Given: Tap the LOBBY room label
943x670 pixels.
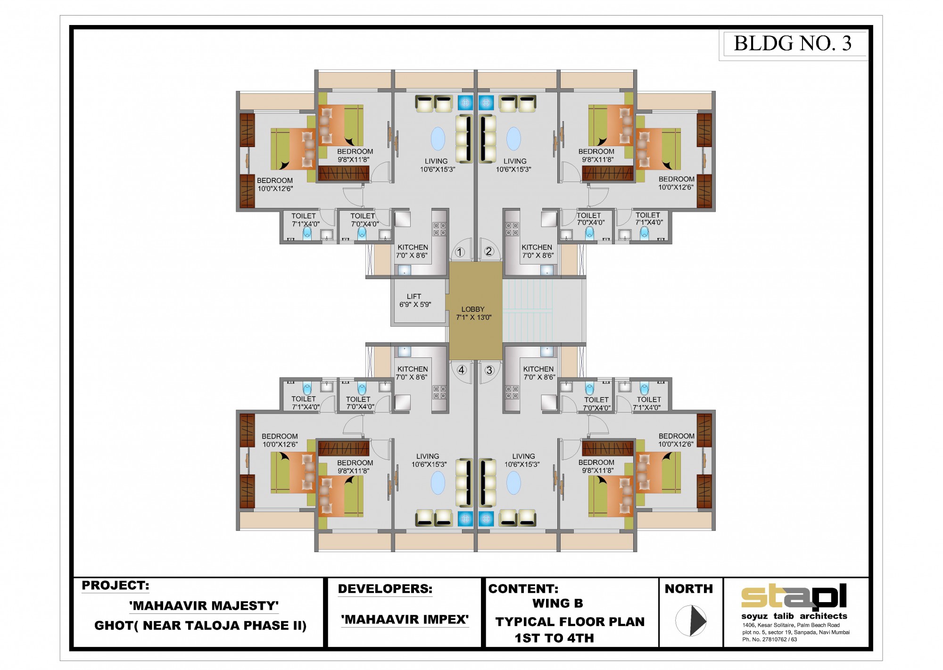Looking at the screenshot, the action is coord(473,313).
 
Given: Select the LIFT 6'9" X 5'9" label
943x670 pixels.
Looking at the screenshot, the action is coord(415,300).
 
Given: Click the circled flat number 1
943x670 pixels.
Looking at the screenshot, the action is coord(460,252).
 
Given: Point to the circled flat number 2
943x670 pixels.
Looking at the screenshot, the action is coord(489,251).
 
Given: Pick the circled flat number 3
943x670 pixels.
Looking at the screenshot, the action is coord(489,370).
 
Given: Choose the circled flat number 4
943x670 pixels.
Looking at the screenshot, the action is coord(462,370).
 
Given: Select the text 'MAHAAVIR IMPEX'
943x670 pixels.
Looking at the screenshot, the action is coord(405,619).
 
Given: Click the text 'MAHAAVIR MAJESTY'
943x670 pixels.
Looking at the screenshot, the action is coord(204,605).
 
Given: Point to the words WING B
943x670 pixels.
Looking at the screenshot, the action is coord(558,604).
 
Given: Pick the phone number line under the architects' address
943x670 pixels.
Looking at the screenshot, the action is coord(769,639).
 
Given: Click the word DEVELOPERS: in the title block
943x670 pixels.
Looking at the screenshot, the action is coord(385,589).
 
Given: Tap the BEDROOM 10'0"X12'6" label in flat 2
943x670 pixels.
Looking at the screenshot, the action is coord(676,183).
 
